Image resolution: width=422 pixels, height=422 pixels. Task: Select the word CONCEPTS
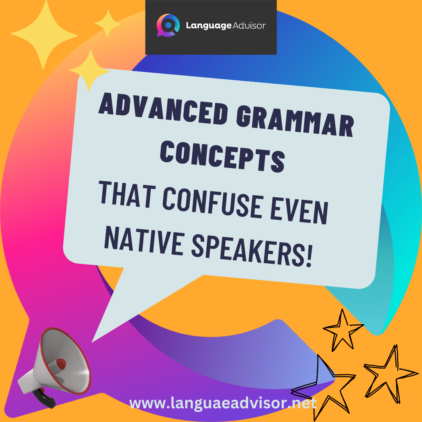222,156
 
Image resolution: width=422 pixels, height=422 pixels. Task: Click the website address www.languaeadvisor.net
223,404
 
